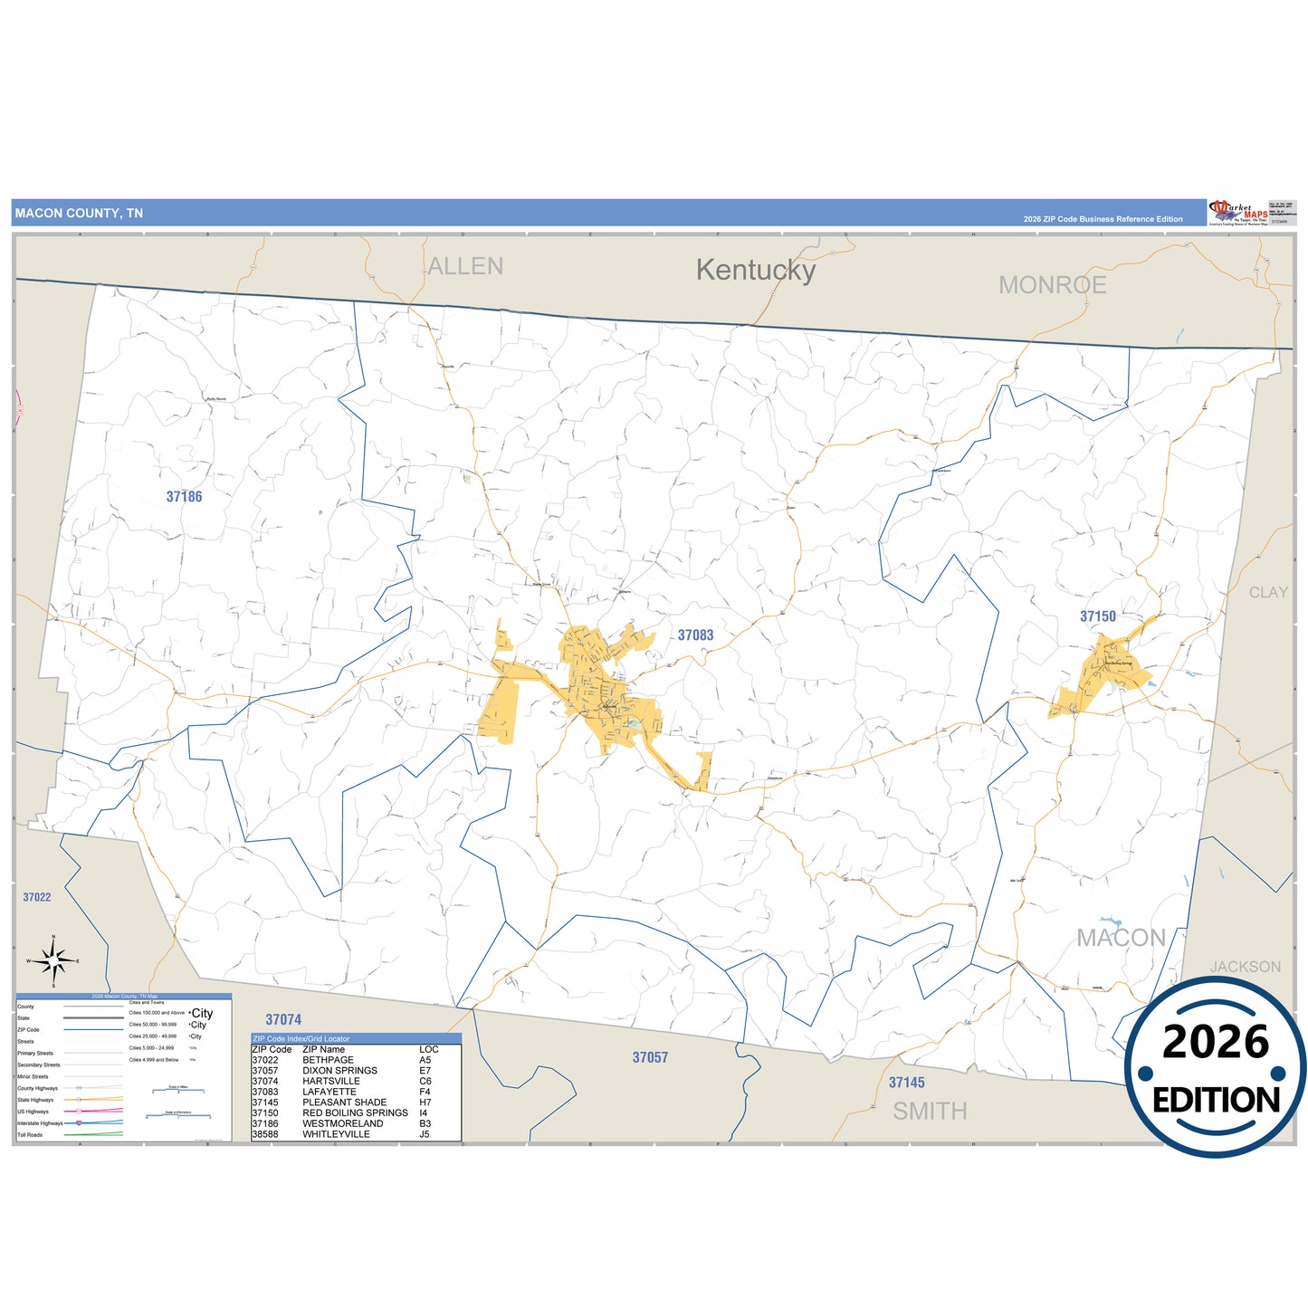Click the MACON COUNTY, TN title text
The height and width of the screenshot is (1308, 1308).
click(79, 214)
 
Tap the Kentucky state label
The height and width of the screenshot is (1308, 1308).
click(755, 270)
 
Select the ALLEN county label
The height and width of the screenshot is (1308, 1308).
click(465, 266)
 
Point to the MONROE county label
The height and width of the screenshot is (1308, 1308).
click(1052, 285)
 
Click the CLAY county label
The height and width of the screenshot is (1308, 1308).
click(1267, 592)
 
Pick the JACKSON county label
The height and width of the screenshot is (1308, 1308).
click(1245, 967)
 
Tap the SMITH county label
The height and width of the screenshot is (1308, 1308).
click(930, 1111)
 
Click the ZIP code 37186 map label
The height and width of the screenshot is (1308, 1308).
click(184, 497)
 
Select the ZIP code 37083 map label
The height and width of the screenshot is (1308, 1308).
click(695, 635)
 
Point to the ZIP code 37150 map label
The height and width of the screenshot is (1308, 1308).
click(1097, 616)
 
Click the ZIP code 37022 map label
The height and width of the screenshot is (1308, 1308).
click(37, 897)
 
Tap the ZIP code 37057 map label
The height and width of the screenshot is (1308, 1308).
click(650, 1057)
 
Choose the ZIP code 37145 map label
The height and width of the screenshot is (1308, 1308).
click(906, 1083)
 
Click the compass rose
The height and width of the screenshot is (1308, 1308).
click(53, 960)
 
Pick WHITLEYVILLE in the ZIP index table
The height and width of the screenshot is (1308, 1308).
click(336, 1134)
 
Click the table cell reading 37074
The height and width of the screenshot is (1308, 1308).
click(265, 1081)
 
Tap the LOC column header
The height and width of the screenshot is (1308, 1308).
click(428, 1050)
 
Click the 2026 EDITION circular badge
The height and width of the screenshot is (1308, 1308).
click(1215, 1068)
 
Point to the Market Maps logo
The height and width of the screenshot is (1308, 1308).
click(1237, 214)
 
